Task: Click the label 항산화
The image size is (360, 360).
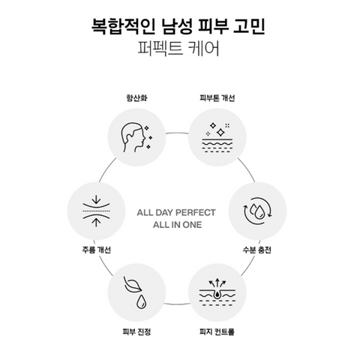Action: tap(136, 97)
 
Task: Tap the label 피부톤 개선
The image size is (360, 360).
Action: tap(217, 97)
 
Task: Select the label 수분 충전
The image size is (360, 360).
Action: tap(257, 250)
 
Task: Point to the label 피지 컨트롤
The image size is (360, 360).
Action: tap(217, 331)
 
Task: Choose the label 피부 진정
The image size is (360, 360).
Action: tap(136, 331)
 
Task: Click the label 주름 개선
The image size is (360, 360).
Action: tap(97, 250)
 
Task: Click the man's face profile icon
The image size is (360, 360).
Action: tap(133, 137)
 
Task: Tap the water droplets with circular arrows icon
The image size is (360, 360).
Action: tap(258, 211)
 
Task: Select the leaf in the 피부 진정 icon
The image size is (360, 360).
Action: tap(132, 284)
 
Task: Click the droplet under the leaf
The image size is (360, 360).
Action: tap(141, 301)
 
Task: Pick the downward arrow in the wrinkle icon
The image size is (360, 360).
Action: tap(96, 200)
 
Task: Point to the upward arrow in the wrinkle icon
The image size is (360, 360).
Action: tap(96, 222)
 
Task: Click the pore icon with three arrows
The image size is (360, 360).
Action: tap(217, 292)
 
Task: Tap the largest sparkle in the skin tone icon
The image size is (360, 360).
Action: tap(220, 132)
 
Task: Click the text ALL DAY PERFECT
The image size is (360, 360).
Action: tap(176, 212)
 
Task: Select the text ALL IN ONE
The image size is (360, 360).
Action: tap(177, 225)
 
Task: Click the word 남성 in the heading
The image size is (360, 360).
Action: tap(177, 26)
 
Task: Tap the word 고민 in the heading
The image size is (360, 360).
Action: tap(249, 26)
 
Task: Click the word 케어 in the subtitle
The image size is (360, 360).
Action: tap(205, 49)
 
